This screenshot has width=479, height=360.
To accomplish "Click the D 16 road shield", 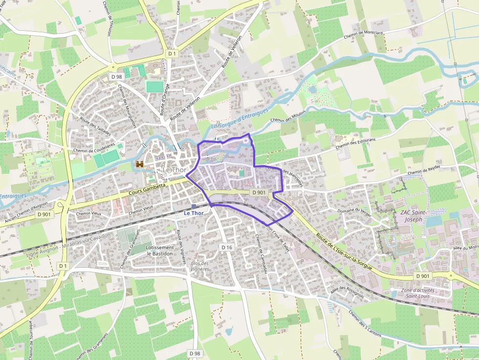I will point(226,248).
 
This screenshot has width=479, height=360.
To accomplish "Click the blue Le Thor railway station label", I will point(194,213).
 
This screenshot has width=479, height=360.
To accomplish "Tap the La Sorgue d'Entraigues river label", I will point(240,119).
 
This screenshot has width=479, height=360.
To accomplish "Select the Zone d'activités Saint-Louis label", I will point(417,293).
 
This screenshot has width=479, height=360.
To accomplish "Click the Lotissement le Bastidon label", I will point(159,251).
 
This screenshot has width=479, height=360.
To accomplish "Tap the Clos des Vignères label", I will point(199,266).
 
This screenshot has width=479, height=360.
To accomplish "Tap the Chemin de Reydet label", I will point(424,170).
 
